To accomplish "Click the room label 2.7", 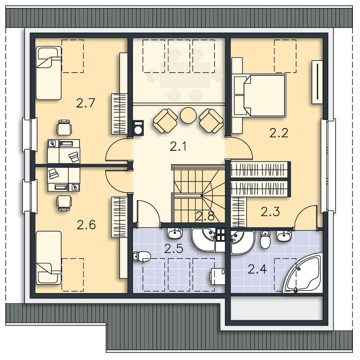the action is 85,103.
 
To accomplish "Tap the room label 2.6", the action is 86,225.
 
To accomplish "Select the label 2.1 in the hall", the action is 178,146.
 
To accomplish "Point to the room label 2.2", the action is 278,133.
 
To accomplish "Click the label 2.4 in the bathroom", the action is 257,269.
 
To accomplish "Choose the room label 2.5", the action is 174,248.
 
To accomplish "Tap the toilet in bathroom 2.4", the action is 265,239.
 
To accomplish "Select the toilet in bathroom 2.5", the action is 142,256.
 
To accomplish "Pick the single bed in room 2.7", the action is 49,73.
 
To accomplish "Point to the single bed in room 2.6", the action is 49,257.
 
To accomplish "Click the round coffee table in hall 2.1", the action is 188,116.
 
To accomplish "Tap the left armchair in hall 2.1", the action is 165,120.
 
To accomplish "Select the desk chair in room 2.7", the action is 64,128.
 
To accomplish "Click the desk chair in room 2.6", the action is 64,203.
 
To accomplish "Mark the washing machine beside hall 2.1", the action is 138,128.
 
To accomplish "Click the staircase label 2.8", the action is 205,216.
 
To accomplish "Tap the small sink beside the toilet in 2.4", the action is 284,236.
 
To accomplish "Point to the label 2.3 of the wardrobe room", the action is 270,212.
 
